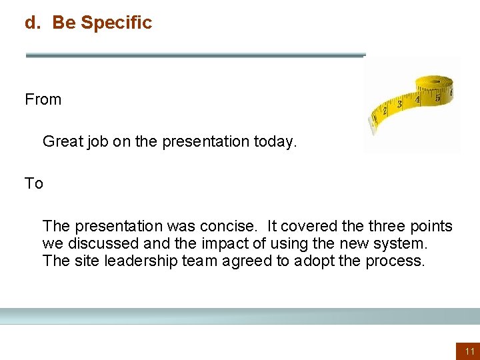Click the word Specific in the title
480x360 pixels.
coord(116,23)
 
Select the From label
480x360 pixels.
coord(43,100)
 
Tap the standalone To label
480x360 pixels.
coord(34,183)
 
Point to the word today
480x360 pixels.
coord(275,141)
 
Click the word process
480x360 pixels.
coord(395,261)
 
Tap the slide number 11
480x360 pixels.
coord(469,351)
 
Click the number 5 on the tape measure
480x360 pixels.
coord(437,97)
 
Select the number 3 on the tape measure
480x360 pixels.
coord(399,104)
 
